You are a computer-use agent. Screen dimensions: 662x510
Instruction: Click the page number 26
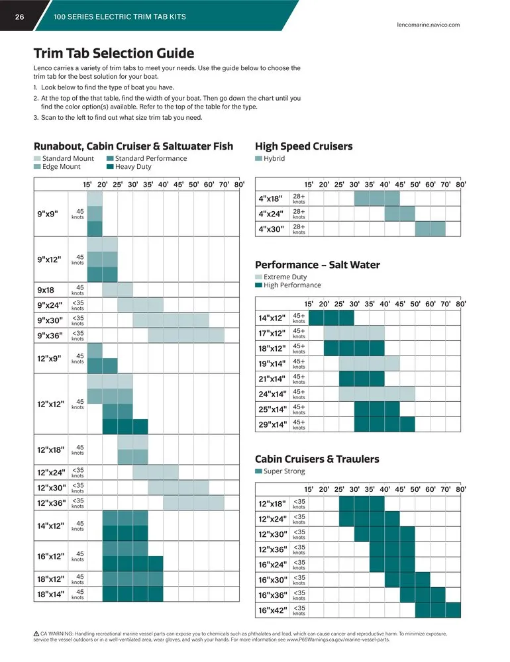tap(20, 17)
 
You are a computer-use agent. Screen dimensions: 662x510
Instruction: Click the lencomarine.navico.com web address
tap(428, 24)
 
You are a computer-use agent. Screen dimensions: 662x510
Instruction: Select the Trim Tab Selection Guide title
tap(114, 54)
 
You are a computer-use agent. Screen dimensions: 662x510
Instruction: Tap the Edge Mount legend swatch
tap(37, 167)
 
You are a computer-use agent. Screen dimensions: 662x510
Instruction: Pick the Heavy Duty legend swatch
tap(110, 167)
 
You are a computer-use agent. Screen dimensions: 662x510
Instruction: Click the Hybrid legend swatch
tap(259, 159)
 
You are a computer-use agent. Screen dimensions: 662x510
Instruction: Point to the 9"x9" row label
tap(48, 213)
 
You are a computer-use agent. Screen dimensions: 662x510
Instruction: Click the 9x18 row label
tap(47, 289)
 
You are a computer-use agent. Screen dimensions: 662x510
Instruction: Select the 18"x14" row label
tap(51, 594)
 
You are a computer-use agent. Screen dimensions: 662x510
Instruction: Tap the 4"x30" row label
tap(271, 229)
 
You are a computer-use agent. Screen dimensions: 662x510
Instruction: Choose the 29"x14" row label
tap(272, 424)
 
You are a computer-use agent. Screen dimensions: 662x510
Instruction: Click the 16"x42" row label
tap(272, 610)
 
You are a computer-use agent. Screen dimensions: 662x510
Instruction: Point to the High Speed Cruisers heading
tap(303, 146)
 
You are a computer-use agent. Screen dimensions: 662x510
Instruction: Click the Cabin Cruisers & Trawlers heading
tap(317, 459)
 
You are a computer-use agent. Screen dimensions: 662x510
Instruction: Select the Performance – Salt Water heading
tap(317, 265)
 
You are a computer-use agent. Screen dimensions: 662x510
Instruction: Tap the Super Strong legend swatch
tap(259, 471)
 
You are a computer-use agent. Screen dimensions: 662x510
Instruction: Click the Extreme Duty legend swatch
tap(259, 277)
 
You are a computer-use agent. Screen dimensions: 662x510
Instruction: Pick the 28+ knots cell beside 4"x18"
tap(299, 199)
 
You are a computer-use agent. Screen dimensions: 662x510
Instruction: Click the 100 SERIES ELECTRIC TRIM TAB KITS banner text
tap(119, 17)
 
